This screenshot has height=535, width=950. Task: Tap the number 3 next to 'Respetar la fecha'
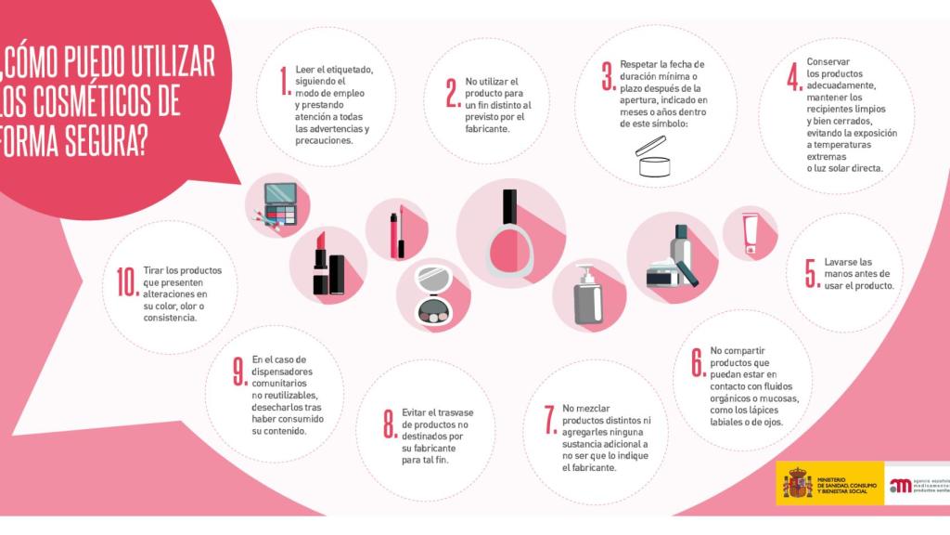(607, 77)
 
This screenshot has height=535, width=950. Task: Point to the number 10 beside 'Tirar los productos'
(127, 281)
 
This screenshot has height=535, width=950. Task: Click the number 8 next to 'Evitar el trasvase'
(390, 424)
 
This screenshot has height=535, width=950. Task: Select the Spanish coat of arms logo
(797, 484)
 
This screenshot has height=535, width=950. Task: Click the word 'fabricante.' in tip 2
(490, 129)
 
